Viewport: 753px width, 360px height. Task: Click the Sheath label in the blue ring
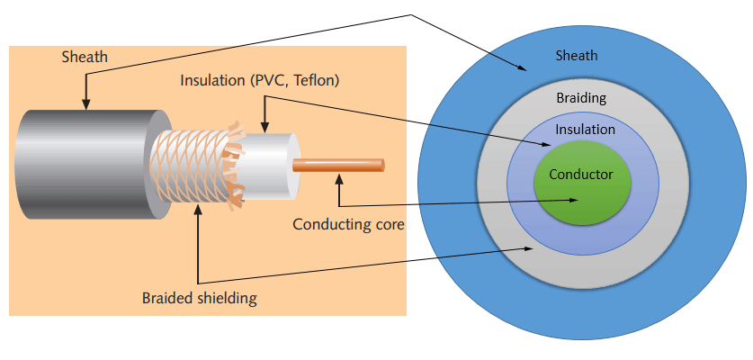tap(575, 56)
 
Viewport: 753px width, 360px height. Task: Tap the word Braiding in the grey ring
tap(581, 98)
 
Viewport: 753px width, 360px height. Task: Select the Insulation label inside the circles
tap(585, 130)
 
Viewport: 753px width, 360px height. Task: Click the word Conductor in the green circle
tap(580, 175)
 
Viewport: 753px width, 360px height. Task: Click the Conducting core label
tap(348, 224)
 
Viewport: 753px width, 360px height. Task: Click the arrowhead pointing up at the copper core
tap(339, 181)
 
